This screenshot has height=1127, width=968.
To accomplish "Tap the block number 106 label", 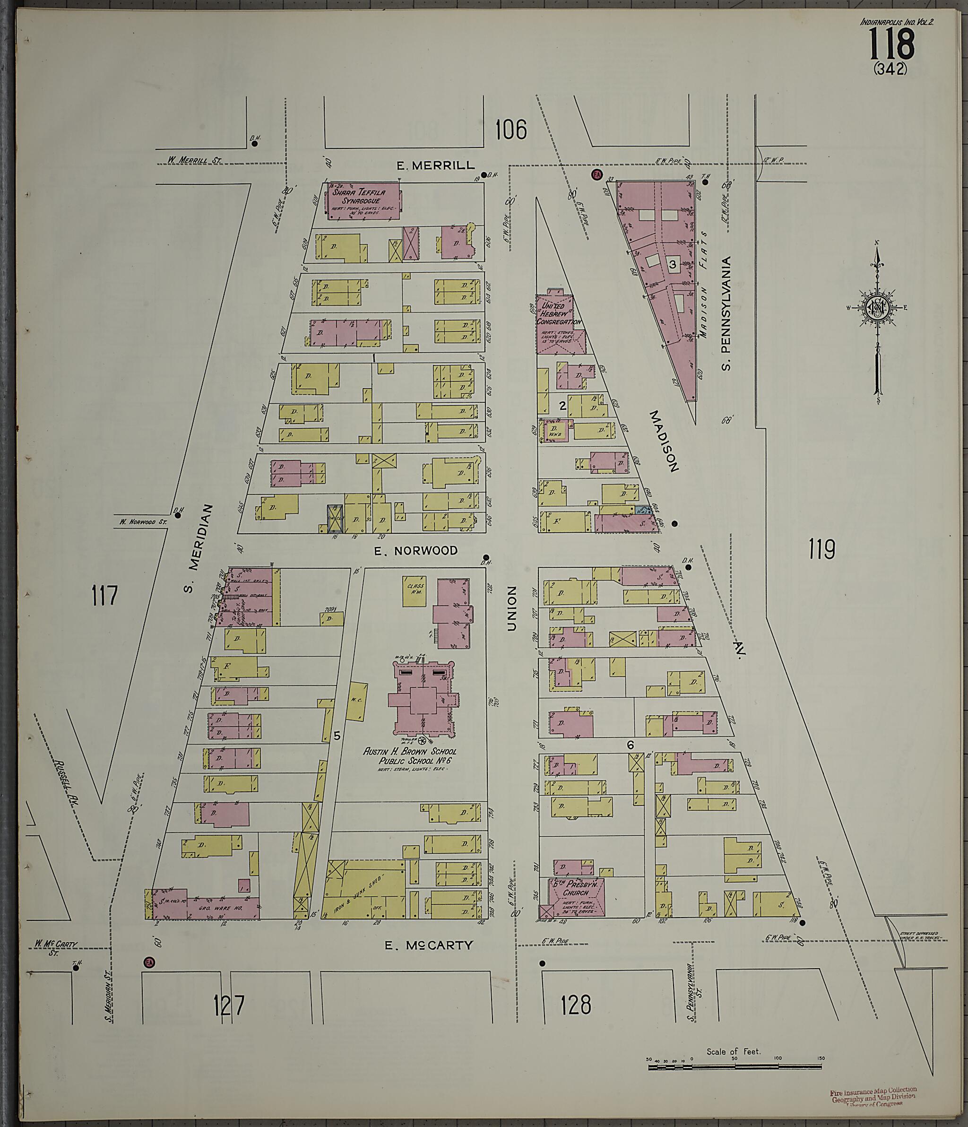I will point(511,130).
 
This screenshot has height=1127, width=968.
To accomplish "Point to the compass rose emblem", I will point(876,308).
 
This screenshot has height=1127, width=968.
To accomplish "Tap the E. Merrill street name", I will point(436,165).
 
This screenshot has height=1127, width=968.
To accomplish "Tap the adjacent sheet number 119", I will point(821,549).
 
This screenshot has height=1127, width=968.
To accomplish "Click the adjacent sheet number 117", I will point(104,596).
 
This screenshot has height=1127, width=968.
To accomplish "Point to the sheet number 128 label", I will point(576,1005).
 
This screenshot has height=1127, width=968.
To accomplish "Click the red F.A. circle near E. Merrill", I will point(596,174).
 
